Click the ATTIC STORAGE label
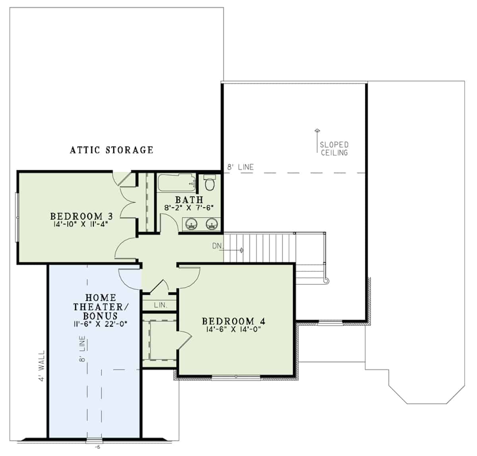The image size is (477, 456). coord(111,150)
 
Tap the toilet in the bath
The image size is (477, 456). coord(209,183)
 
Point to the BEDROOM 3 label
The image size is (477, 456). coord(81,216)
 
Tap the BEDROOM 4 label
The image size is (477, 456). coord(233,321)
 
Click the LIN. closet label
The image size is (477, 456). coord(160,305)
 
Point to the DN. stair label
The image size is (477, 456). coord(217,246)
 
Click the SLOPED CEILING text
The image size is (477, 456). coord(334,148)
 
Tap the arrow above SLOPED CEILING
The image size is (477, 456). coord(317,131)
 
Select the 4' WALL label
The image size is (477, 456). coord(41,366)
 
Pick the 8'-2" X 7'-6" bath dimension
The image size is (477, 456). coord(189,207)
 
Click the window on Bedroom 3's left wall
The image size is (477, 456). coord(16,217)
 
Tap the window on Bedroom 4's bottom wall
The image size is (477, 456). coord(236,377)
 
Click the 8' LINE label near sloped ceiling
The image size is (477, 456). coord(240,167)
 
